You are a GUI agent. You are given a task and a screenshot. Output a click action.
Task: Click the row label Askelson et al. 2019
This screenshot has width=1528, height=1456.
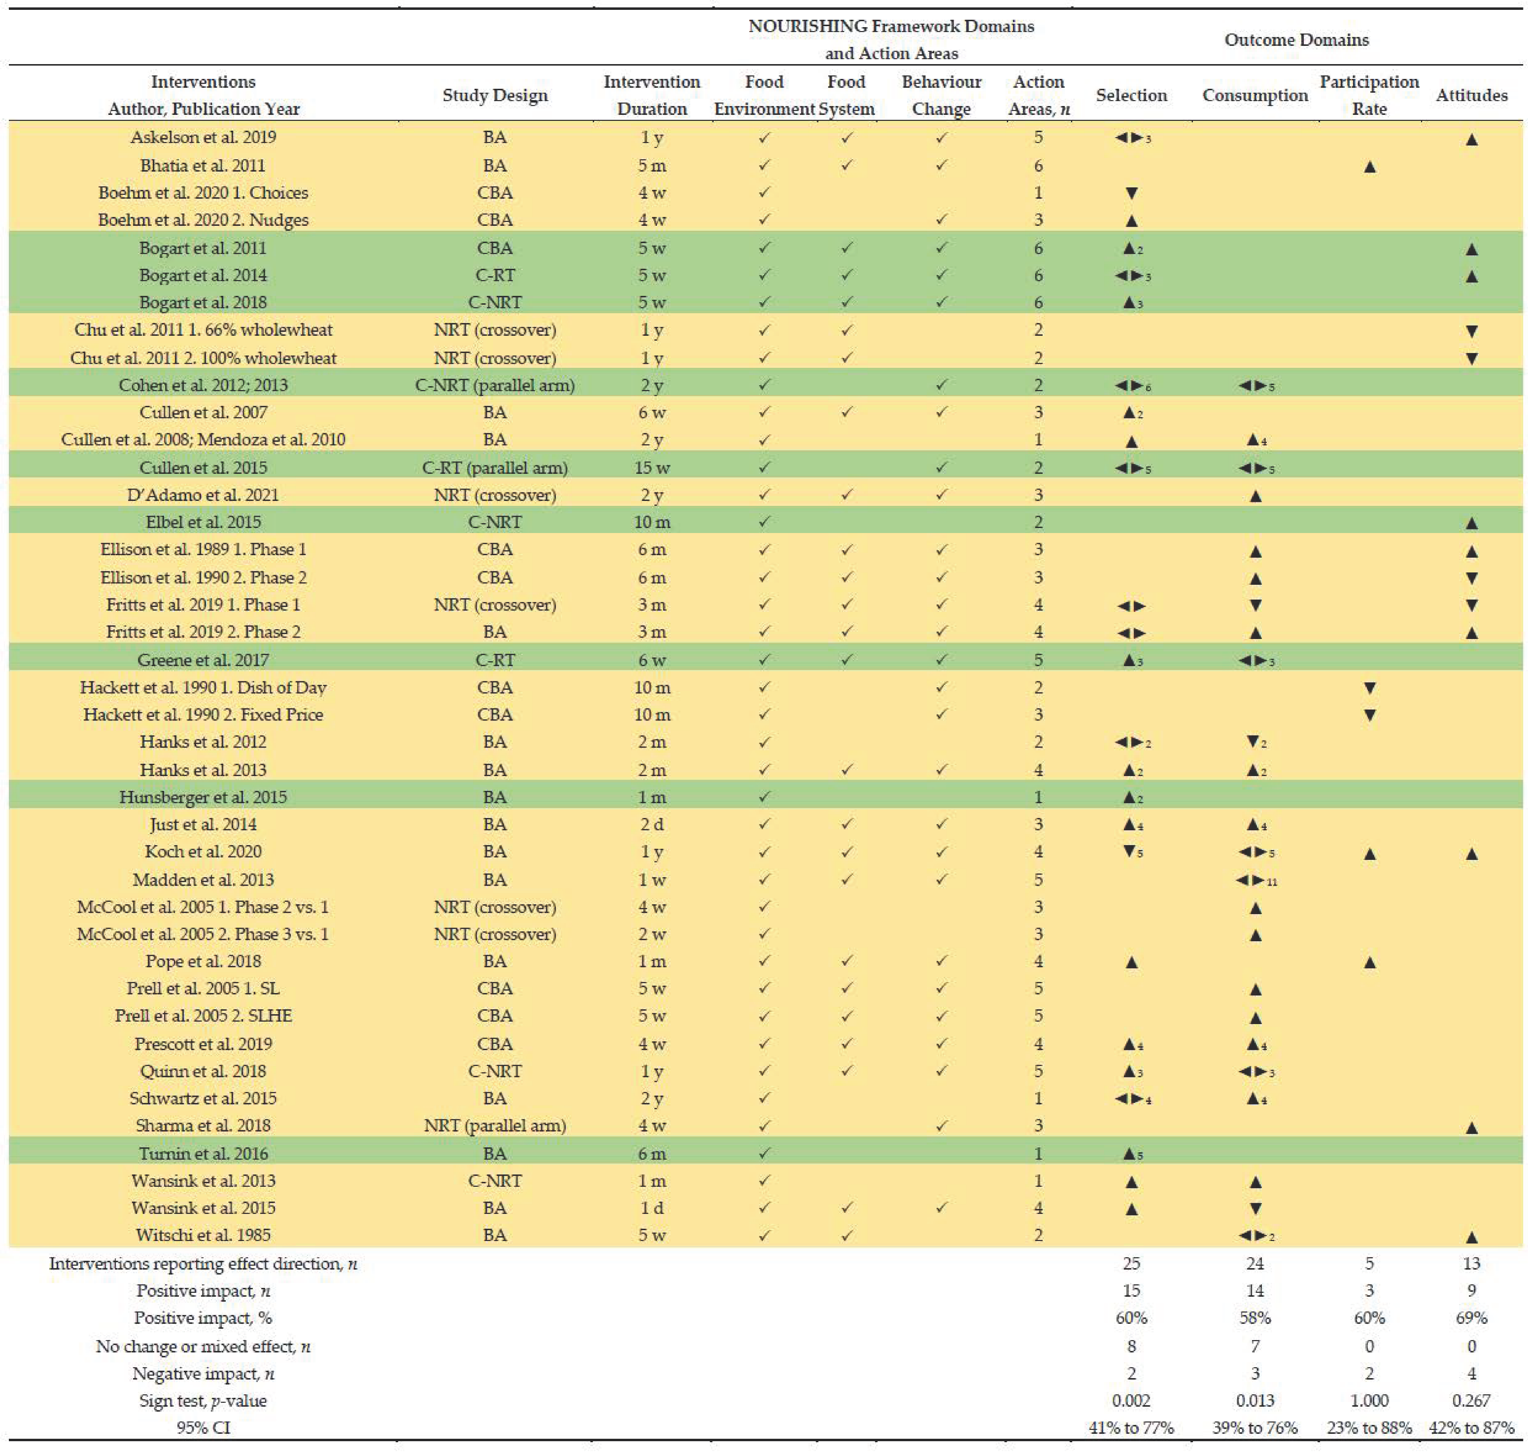(x=203, y=138)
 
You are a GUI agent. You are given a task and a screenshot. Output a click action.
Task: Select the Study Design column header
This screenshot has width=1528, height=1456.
(x=495, y=96)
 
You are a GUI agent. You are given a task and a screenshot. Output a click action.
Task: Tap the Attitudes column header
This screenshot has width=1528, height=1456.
(x=1471, y=96)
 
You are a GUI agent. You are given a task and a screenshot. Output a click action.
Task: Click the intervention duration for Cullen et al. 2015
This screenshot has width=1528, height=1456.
(x=651, y=468)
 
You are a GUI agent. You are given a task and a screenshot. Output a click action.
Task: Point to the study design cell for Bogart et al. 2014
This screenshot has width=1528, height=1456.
(x=495, y=276)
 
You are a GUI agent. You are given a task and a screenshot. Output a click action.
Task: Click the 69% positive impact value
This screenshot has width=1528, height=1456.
(x=1471, y=1318)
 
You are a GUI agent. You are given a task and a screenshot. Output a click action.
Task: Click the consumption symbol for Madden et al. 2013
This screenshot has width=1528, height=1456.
(x=1255, y=880)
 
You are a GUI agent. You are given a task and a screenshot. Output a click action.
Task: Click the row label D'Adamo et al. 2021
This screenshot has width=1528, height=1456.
(x=203, y=495)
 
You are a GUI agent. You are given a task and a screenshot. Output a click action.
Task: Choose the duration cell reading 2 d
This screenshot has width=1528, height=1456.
(x=651, y=824)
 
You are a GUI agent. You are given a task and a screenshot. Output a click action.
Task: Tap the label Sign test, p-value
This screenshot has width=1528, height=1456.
(x=203, y=1401)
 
